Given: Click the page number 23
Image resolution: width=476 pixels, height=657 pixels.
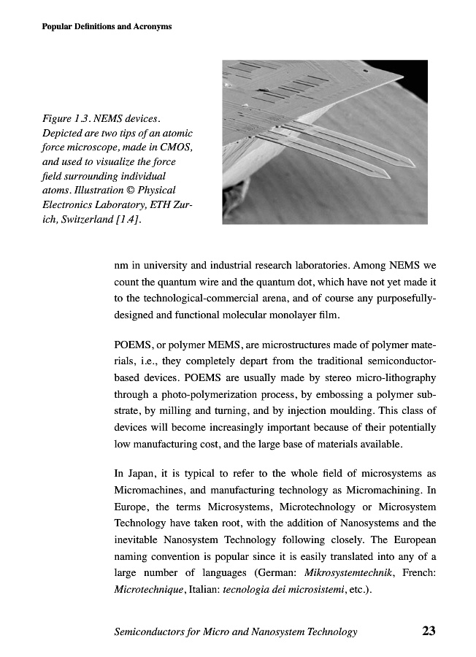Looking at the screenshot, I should click(428, 631).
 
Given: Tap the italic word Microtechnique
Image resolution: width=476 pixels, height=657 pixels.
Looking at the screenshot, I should click(150, 591).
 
